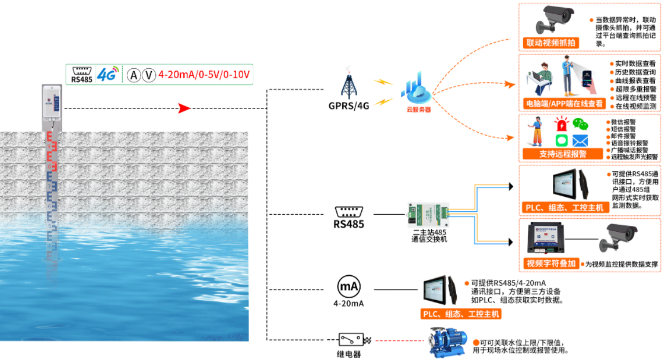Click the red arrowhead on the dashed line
[184, 109]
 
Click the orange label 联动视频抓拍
[551, 43]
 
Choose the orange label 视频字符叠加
[551, 263]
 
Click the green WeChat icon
[580, 125]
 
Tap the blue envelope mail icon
[580, 141]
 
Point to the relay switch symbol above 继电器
[351, 340]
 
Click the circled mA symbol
[349, 287]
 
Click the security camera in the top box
[557, 20]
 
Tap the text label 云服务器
[418, 109]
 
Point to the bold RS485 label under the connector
[349, 224]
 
